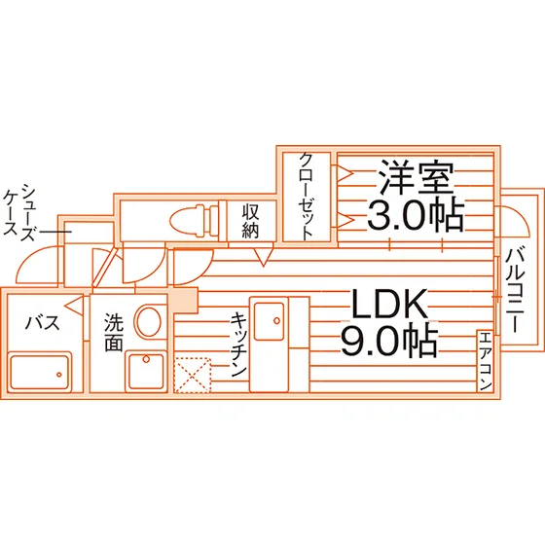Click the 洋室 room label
[x=417, y=177]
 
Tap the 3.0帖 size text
[x=416, y=215]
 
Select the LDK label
[x=389, y=304]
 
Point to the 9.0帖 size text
[x=389, y=340]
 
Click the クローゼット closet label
[x=307, y=197]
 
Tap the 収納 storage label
[x=251, y=221]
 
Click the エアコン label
[x=485, y=361]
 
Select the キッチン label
[x=238, y=345]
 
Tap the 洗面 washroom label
[x=114, y=332]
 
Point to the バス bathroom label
[x=43, y=323]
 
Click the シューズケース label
[x=19, y=212]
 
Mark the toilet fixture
[x=196, y=219]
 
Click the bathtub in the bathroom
[x=39, y=372]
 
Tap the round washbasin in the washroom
[x=148, y=320]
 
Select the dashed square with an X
[x=193, y=375]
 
